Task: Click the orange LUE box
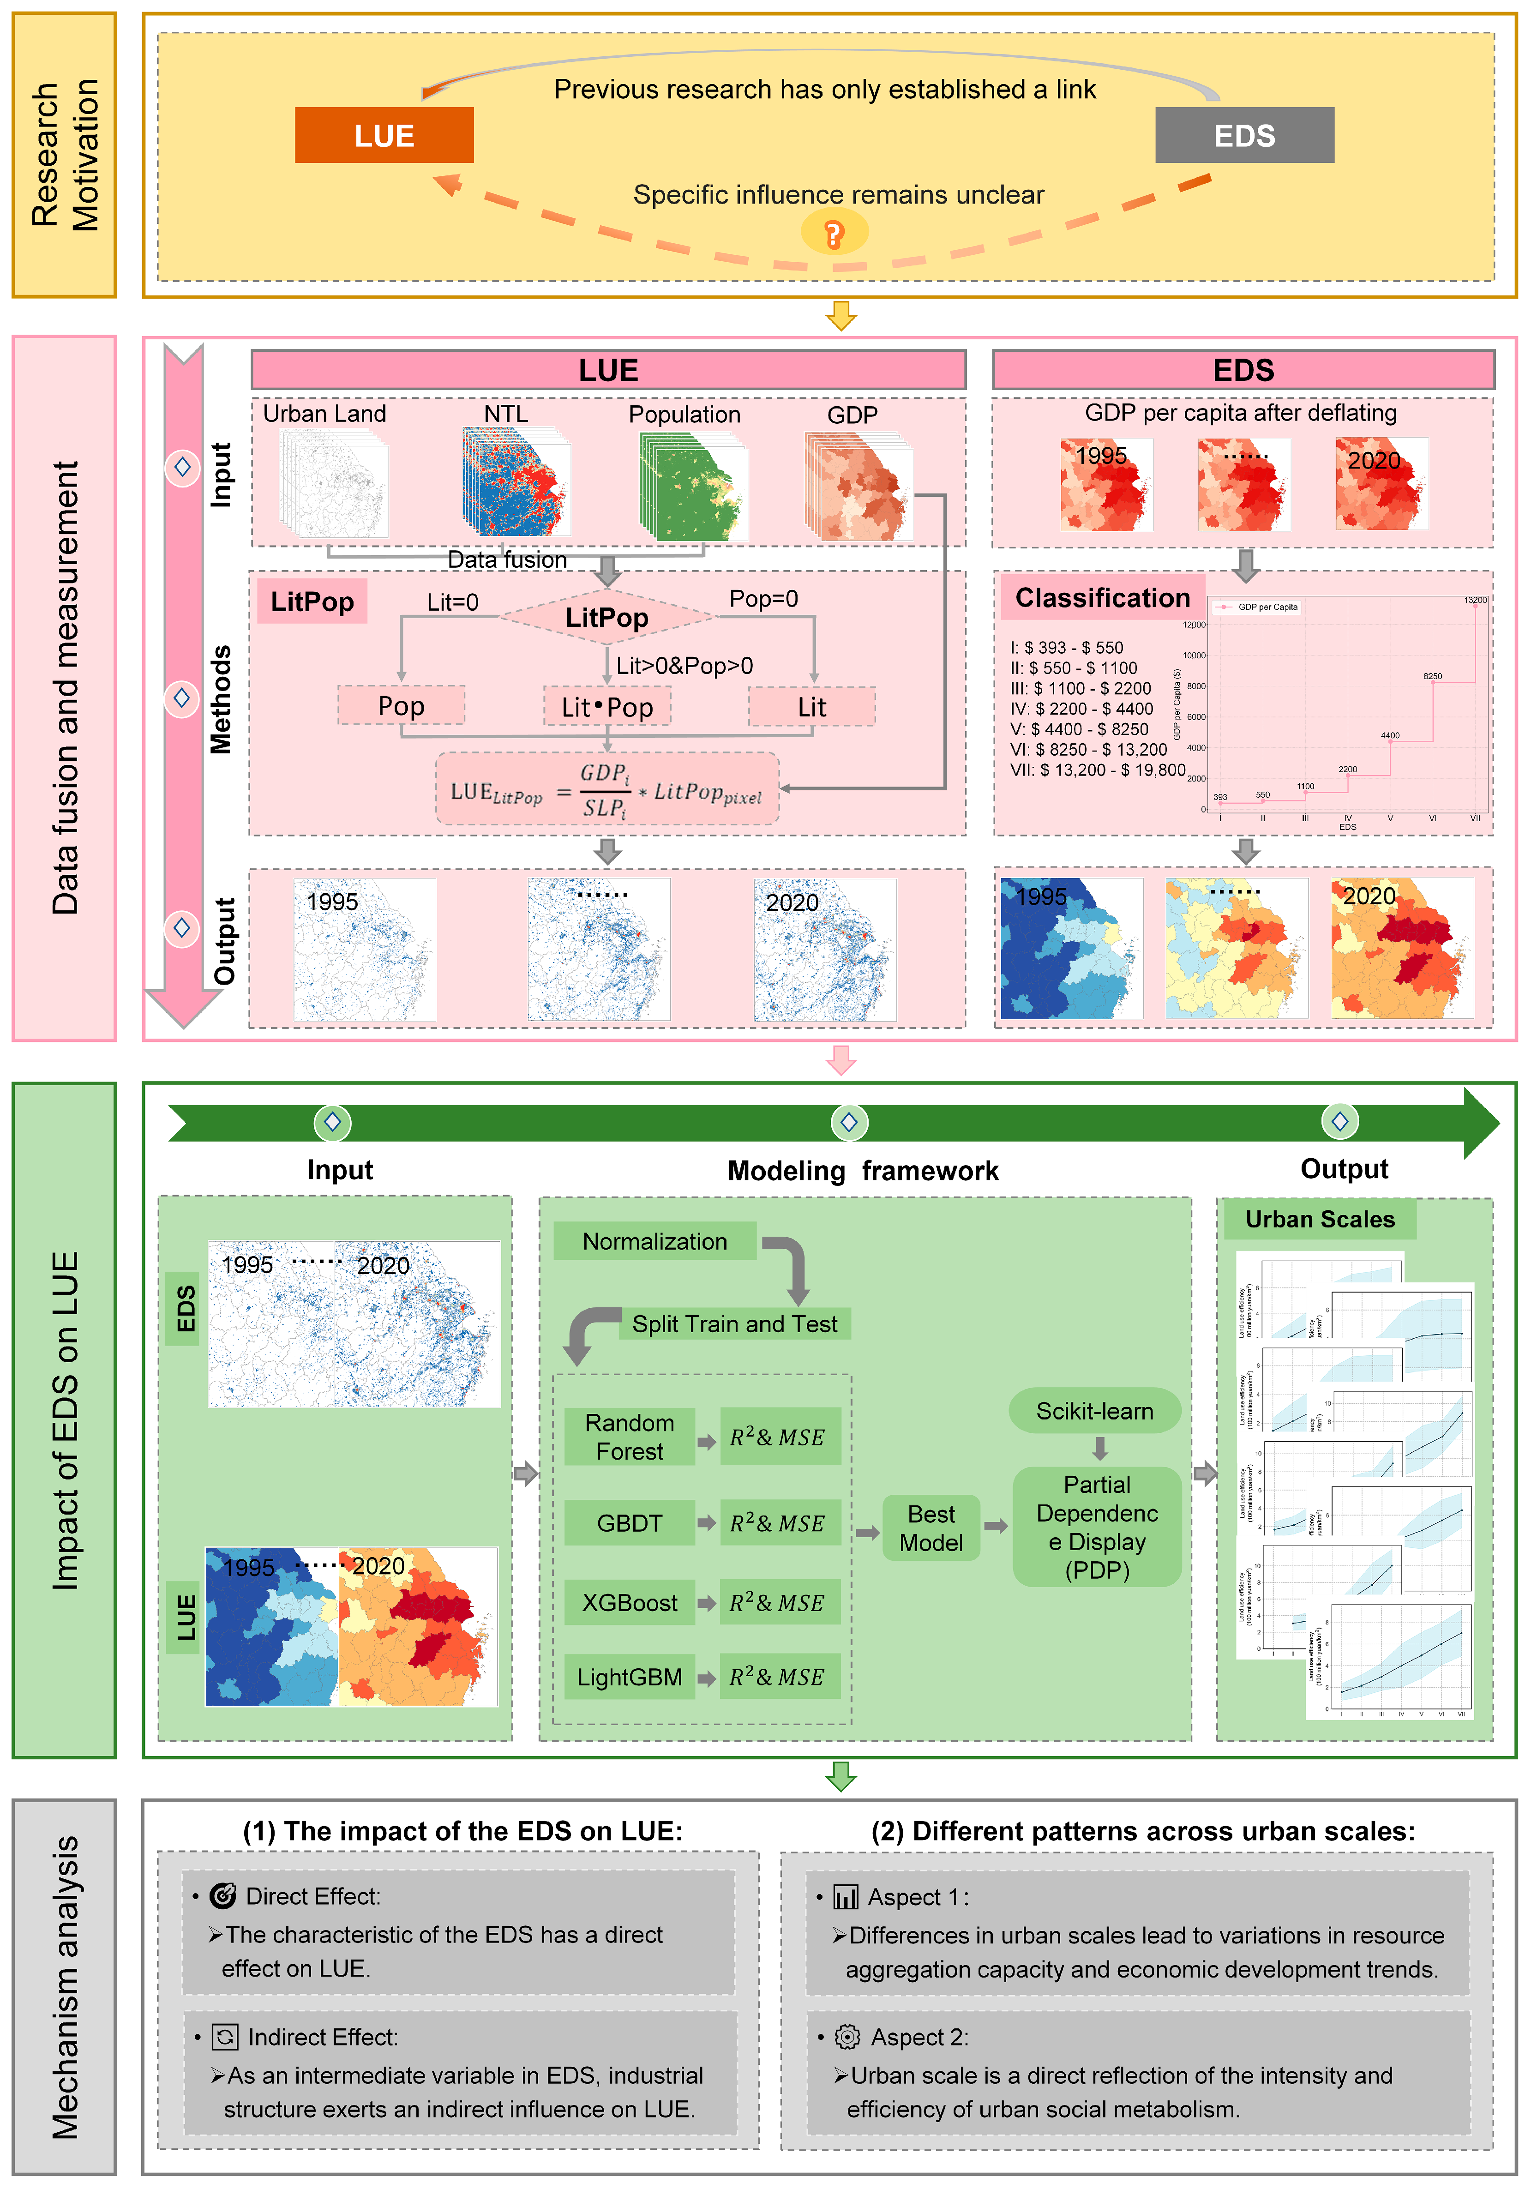click(x=384, y=135)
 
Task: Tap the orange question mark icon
click(x=834, y=234)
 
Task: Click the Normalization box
click(x=655, y=1241)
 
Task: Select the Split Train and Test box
click(x=735, y=1323)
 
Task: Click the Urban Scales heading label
click(x=1319, y=1220)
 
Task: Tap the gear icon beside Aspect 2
click(x=847, y=2037)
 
